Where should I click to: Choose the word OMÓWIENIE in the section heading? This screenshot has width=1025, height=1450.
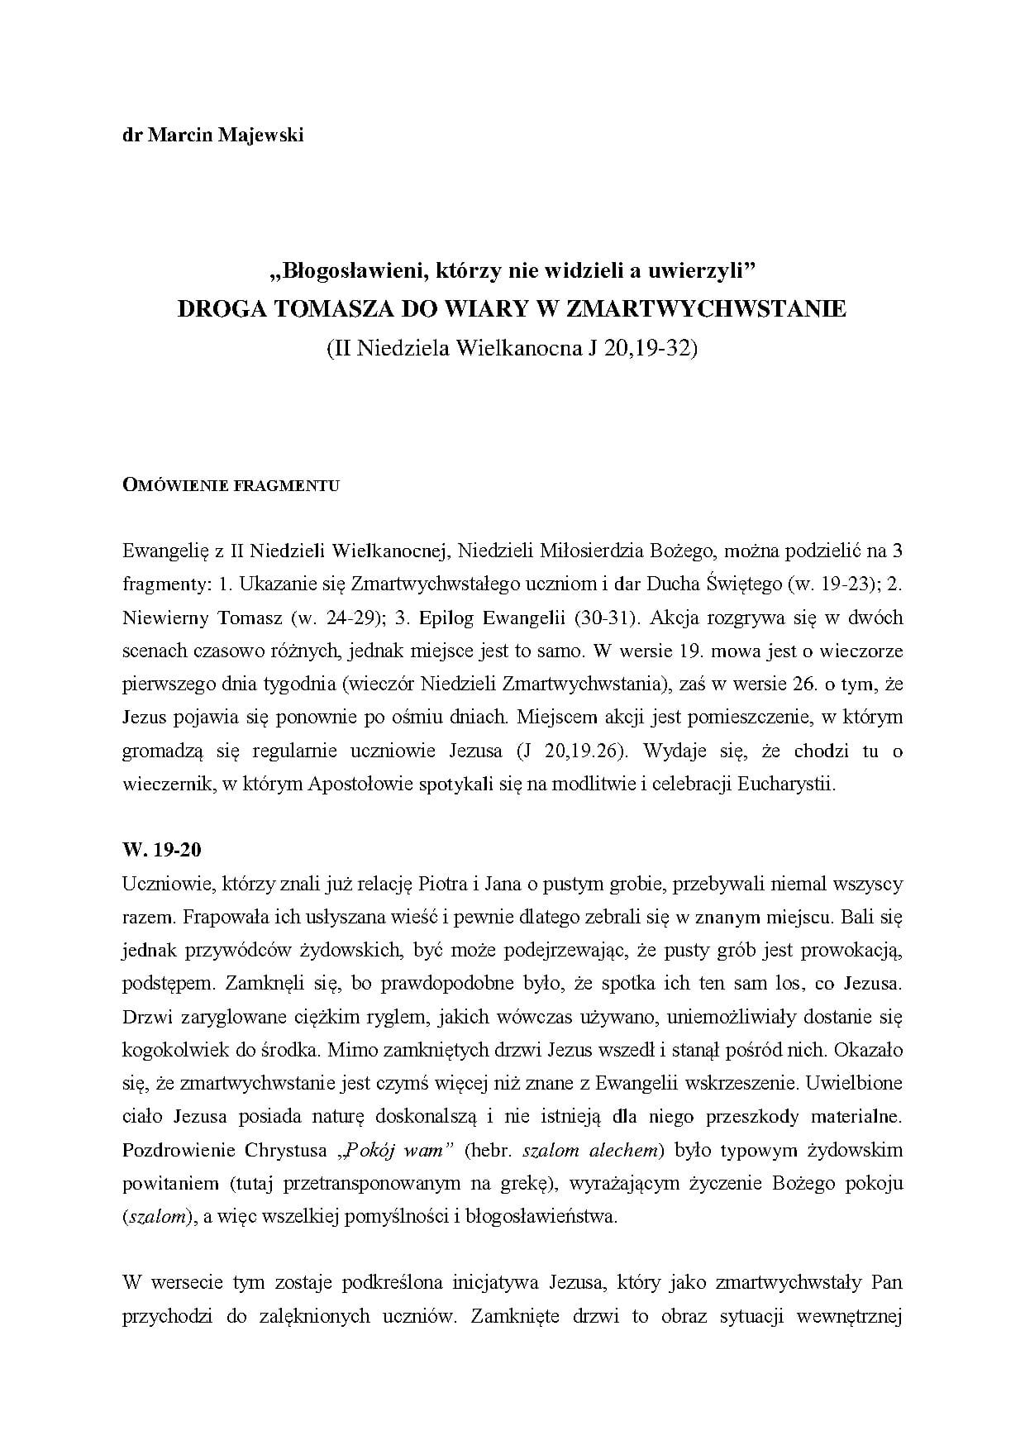[x=169, y=485]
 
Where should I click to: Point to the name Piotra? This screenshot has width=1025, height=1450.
[x=446, y=884]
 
